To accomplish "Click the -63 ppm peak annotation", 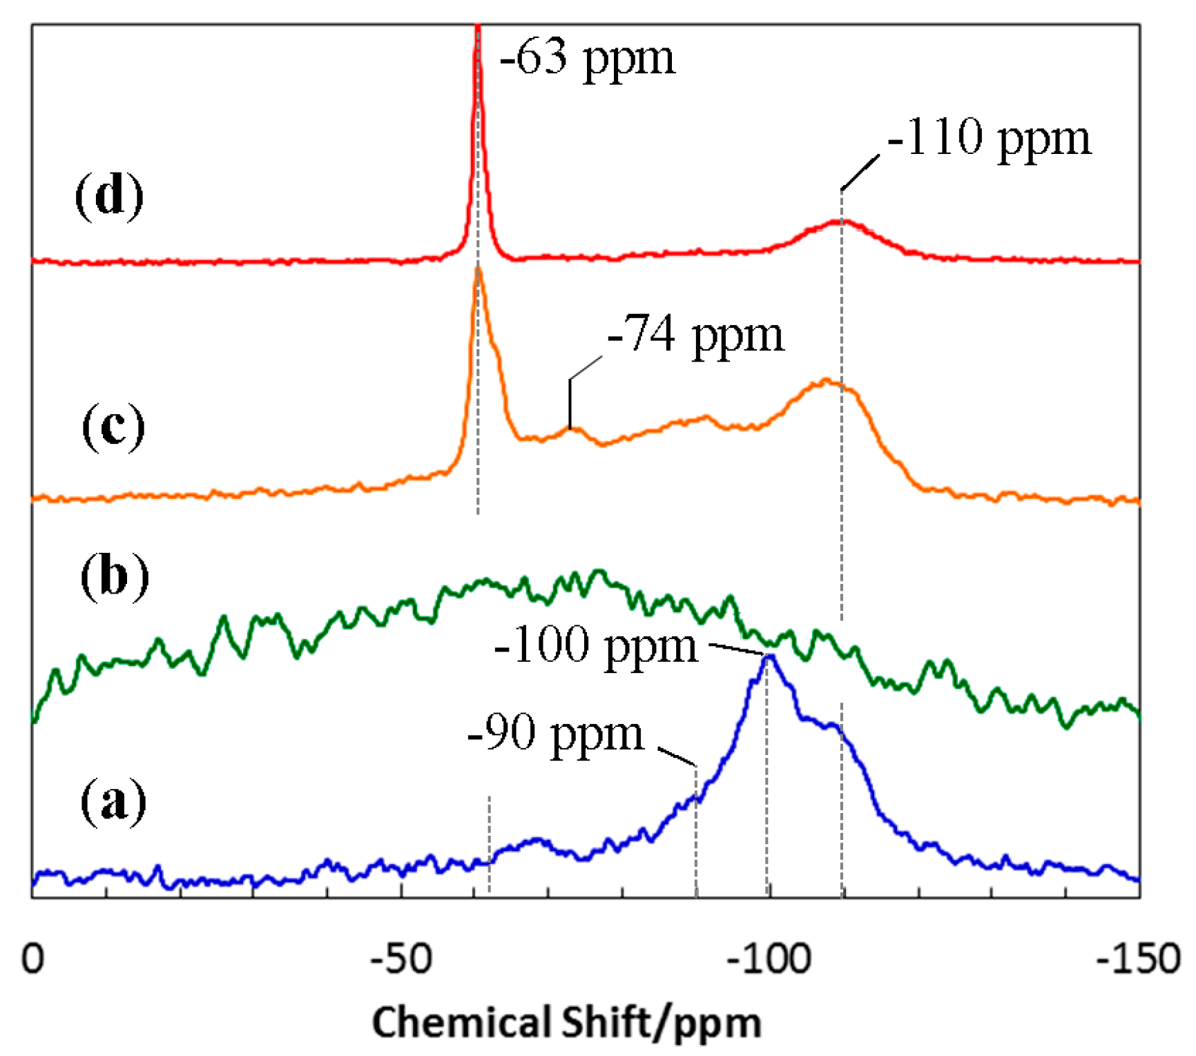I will [x=587, y=59].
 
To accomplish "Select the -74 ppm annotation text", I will [x=695, y=336].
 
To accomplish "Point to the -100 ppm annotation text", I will [x=596, y=646].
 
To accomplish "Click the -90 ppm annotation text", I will [x=555, y=734].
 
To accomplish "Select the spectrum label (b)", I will [x=114, y=576].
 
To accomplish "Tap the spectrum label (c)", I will [x=113, y=427].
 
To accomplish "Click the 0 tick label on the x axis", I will [x=32, y=959].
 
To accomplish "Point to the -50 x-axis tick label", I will [x=401, y=959].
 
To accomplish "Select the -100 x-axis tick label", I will [x=769, y=959].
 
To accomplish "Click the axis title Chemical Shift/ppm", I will [x=566, y=1022].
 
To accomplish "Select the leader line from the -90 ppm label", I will [x=677, y=756].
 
